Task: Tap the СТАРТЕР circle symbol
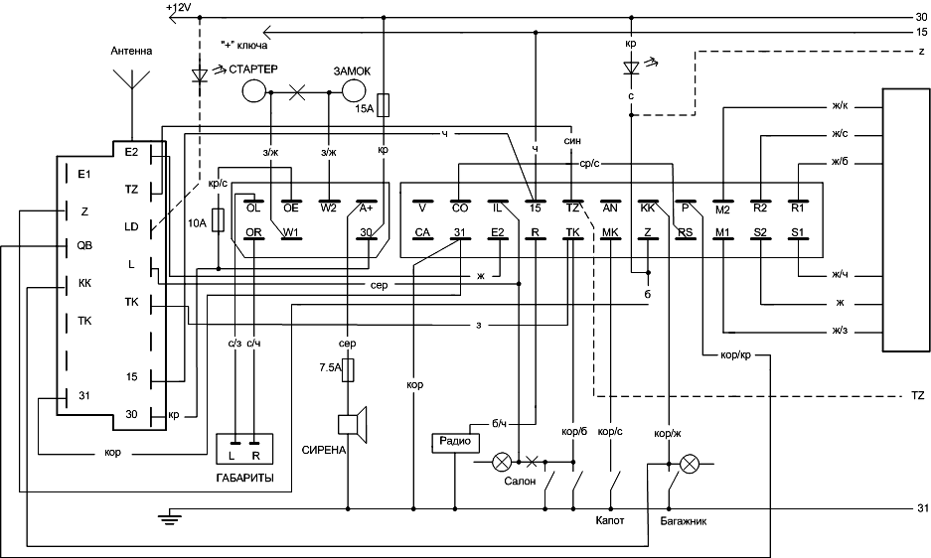(x=254, y=91)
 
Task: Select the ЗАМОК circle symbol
(x=355, y=91)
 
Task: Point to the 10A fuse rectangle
(x=218, y=218)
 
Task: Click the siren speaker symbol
(x=352, y=424)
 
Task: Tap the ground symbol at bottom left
(x=170, y=515)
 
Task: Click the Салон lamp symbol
(x=504, y=462)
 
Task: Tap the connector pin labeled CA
(x=422, y=234)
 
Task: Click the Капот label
(x=610, y=519)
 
